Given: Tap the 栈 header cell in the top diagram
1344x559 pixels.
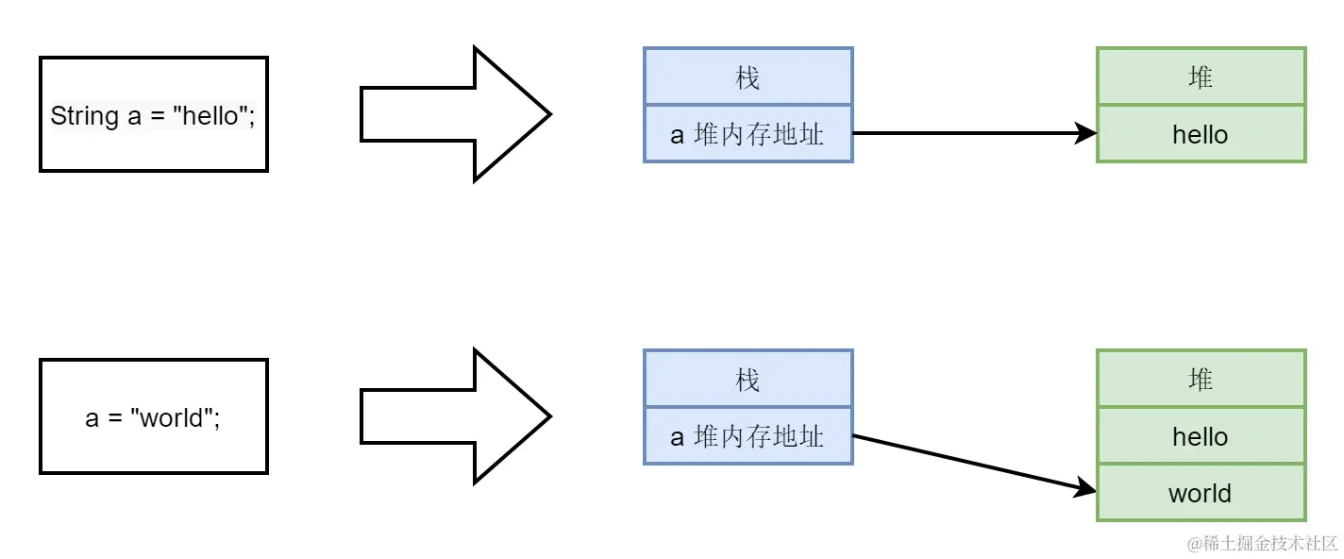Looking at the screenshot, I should click(x=748, y=77).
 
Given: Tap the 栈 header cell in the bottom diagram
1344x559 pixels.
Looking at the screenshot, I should click(x=748, y=380).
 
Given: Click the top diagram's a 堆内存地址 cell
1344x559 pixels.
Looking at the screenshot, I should click(x=748, y=134).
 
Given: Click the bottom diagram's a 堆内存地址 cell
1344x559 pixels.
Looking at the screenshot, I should click(x=748, y=436).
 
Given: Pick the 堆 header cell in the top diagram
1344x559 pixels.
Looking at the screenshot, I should click(x=1201, y=77).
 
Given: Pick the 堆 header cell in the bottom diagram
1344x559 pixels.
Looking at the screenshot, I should click(x=1201, y=380).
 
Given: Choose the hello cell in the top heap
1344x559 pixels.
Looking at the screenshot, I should click(x=1201, y=134).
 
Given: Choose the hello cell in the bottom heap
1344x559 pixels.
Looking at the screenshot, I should click(x=1201, y=436).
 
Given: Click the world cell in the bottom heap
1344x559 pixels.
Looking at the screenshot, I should click(x=1201, y=493).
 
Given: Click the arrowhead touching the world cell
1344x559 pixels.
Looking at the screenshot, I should click(x=1087, y=486).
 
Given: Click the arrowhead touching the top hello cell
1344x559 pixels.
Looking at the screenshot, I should click(x=1086, y=133).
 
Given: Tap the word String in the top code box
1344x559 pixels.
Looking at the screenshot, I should click(x=84, y=116).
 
